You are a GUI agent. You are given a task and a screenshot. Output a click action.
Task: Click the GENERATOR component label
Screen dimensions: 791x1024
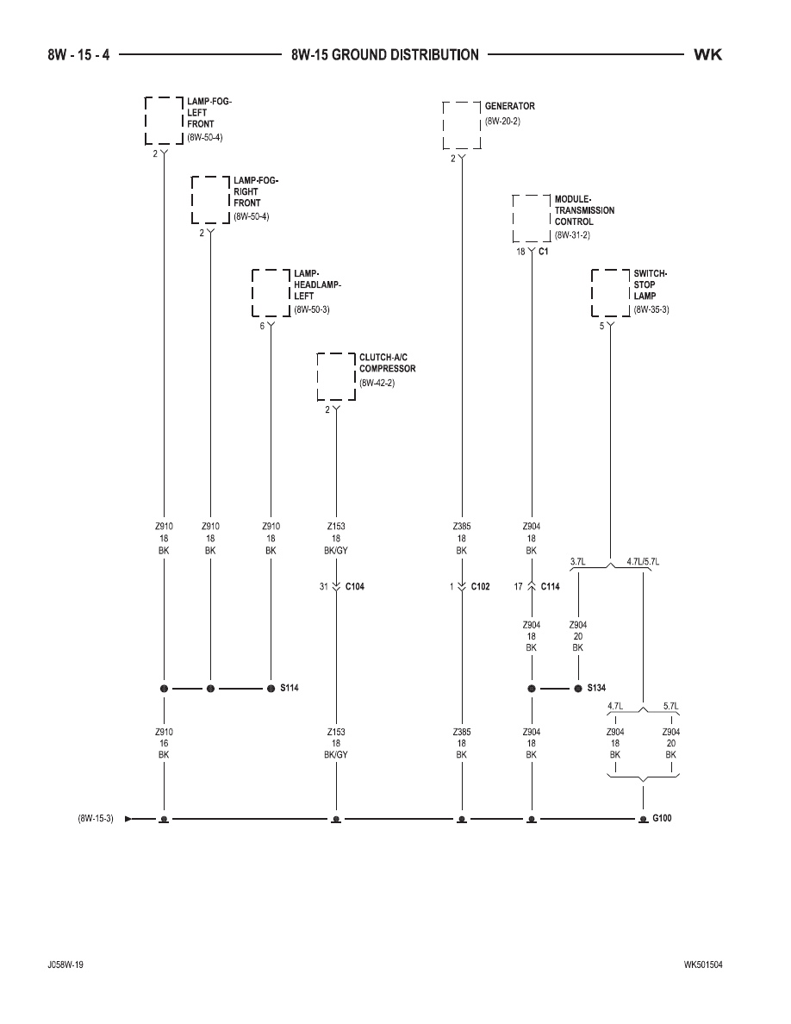point(510,106)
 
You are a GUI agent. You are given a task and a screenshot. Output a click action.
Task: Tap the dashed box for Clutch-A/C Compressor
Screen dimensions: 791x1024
point(318,377)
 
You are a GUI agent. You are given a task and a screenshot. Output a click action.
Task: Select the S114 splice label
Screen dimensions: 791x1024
point(290,688)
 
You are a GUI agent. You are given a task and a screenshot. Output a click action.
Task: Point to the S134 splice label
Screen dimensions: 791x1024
point(596,688)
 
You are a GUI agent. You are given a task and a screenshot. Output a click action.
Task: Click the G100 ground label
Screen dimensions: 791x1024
point(662,818)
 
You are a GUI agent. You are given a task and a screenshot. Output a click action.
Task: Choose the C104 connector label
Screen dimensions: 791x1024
point(354,586)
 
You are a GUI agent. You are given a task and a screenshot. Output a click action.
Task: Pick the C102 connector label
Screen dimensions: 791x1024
point(480,586)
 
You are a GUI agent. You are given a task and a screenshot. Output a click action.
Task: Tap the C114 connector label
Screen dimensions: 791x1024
point(551,586)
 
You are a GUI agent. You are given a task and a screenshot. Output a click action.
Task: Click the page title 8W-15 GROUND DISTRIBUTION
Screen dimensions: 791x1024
point(385,55)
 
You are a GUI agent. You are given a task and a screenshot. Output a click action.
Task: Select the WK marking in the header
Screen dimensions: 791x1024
point(708,55)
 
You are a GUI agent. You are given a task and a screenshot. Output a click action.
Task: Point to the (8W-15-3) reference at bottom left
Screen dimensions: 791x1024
point(96,818)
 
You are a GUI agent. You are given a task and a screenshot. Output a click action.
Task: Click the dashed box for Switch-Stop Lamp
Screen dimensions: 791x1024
point(593,292)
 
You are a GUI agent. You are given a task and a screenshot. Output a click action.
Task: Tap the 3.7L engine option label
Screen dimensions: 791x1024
point(577,562)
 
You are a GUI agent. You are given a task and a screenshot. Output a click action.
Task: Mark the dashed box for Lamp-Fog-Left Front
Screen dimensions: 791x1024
point(146,120)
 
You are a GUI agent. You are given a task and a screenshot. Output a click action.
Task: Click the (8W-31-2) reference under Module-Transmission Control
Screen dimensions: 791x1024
point(572,235)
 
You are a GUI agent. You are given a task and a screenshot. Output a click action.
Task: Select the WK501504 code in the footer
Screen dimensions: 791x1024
point(703,965)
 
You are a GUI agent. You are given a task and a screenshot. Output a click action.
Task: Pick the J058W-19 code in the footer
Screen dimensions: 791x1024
point(65,965)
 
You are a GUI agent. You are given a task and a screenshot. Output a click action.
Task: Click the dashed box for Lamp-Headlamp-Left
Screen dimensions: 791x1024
point(252,292)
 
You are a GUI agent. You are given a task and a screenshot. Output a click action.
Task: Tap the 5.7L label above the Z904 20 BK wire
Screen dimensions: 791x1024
point(671,706)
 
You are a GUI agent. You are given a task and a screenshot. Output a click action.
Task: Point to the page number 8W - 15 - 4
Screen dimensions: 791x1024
point(78,55)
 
